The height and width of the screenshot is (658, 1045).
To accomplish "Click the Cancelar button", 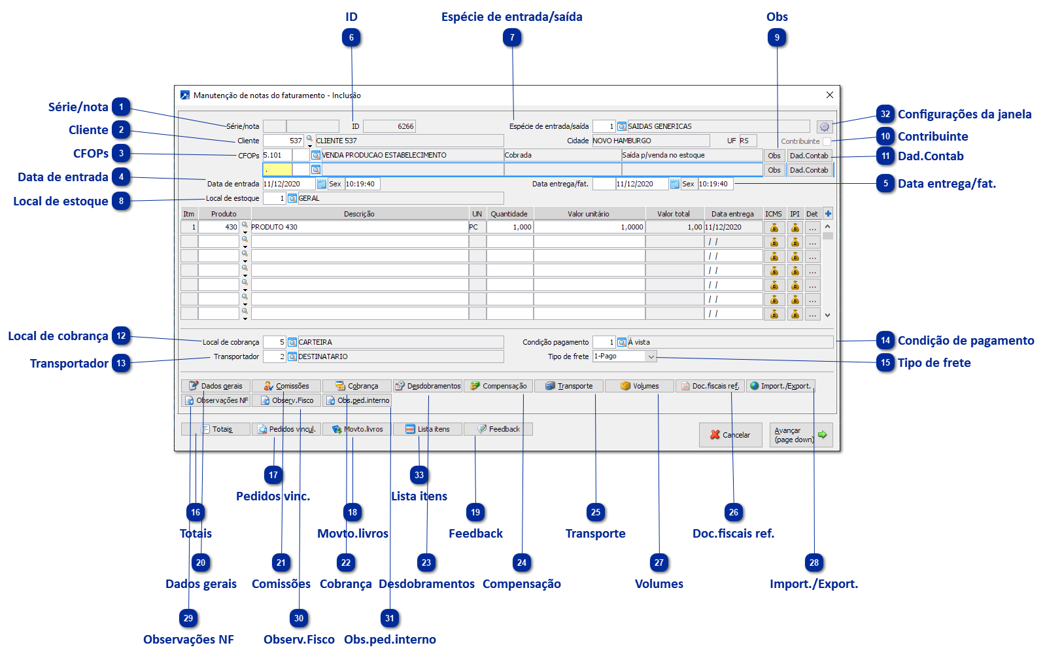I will click(x=730, y=435).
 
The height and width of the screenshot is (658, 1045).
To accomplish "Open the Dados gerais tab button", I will click(x=216, y=386).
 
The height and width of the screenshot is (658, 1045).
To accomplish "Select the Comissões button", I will click(x=286, y=386).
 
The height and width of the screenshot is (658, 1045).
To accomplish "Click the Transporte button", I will click(x=569, y=386).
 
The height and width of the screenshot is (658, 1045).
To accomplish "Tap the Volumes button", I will click(x=640, y=386).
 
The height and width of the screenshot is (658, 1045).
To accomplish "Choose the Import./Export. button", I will click(x=780, y=386).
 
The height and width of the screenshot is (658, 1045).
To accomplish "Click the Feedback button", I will click(x=498, y=429).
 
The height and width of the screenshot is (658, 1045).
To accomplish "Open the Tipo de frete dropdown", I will click(x=651, y=356).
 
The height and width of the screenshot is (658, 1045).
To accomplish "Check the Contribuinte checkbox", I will click(x=827, y=141).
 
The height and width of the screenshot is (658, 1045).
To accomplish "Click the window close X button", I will click(x=829, y=95).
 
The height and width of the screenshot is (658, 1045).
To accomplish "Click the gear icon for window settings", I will click(x=824, y=127).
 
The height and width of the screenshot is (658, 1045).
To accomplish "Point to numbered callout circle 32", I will click(x=885, y=114).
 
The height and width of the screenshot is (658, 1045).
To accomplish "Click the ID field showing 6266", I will click(x=389, y=126).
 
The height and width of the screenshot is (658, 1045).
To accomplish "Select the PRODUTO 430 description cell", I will click(x=359, y=227).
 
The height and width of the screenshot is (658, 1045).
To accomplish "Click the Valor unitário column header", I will click(x=589, y=214).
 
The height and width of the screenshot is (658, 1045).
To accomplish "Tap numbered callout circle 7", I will click(x=512, y=38).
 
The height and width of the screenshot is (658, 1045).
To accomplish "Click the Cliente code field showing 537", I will click(x=283, y=141).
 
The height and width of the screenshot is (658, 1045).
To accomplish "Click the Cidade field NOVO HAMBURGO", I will click(x=650, y=141).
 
